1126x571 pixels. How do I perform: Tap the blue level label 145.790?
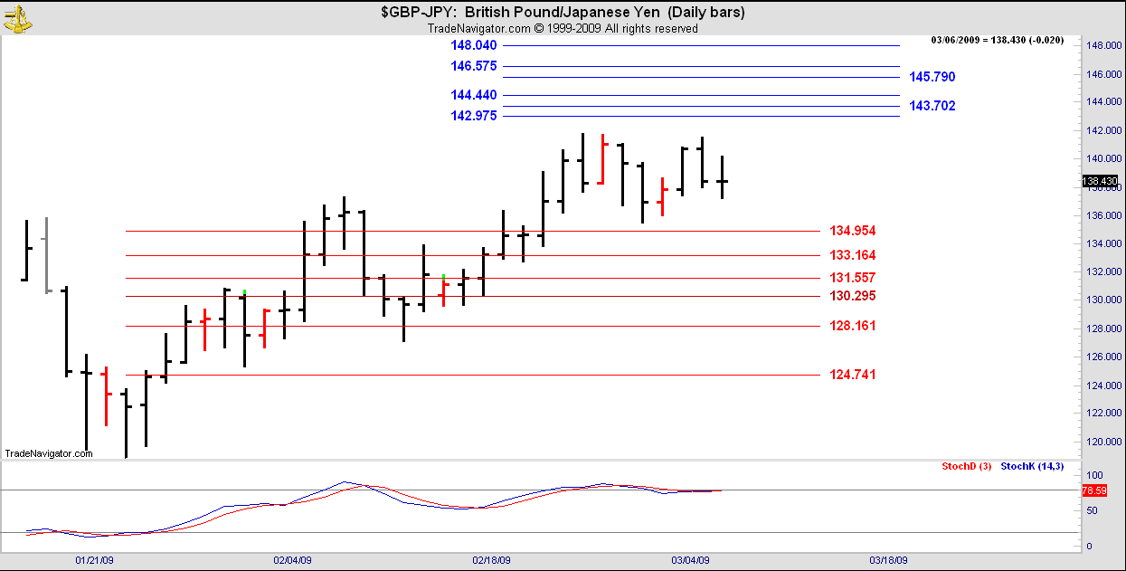pos(932,77)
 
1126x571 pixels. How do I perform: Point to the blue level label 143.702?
pos(932,106)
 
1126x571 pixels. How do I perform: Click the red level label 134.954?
pos(852,231)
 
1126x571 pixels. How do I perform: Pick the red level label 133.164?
pos(852,255)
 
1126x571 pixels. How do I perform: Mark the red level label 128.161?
pos(852,326)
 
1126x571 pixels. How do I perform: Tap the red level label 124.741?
pos(852,375)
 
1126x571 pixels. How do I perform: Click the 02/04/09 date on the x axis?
pos(292,560)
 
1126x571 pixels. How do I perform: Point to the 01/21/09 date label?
pos(94,560)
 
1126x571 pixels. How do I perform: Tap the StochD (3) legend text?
pos(966,466)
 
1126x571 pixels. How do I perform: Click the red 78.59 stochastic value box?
pos(1094,490)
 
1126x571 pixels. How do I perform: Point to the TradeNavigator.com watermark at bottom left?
pos(49,453)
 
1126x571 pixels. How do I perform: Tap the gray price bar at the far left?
pos(46,254)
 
